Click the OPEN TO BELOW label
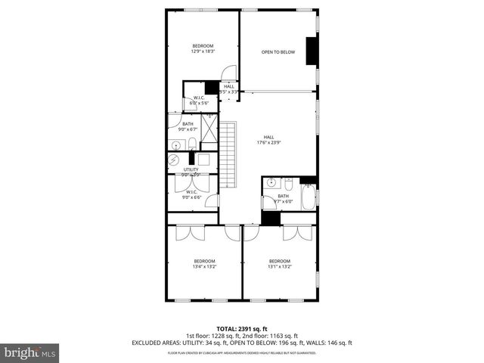(x=278, y=52)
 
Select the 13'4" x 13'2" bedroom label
(x=204, y=263)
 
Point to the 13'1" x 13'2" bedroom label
(x=279, y=263)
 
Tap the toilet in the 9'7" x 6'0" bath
(x=287, y=183)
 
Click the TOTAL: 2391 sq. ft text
(x=242, y=328)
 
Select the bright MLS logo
(x=30, y=352)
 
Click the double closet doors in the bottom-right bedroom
(x=297, y=232)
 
